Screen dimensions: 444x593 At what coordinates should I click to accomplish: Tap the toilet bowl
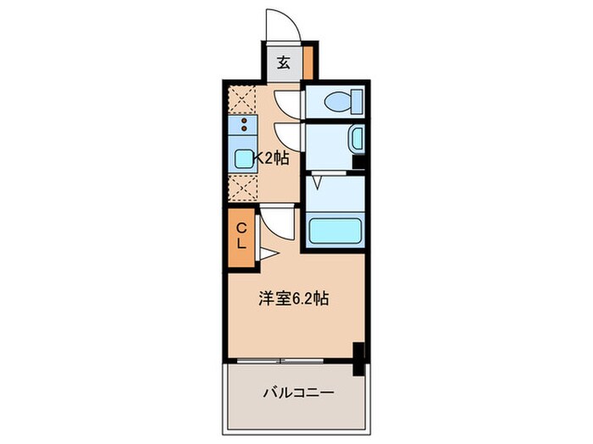pyautogui.click(x=340, y=103)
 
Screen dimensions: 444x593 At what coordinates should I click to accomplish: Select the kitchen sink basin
pyautogui.click(x=243, y=157)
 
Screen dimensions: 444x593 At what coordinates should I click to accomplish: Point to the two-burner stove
pyautogui.click(x=243, y=127)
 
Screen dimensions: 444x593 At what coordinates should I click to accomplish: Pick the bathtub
pyautogui.click(x=335, y=231)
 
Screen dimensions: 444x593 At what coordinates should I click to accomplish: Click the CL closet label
pyautogui.click(x=241, y=235)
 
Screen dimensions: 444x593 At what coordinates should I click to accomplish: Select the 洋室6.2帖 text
pyautogui.click(x=293, y=298)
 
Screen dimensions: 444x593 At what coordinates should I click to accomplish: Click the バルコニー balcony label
pyautogui.click(x=297, y=392)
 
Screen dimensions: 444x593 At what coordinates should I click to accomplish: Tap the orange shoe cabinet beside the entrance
pyautogui.click(x=308, y=63)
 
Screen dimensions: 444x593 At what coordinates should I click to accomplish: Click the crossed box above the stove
pyautogui.click(x=243, y=100)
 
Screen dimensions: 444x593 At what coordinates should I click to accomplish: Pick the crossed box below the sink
pyautogui.click(x=243, y=186)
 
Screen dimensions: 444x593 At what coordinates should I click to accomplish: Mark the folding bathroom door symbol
pyautogui.click(x=318, y=181)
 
